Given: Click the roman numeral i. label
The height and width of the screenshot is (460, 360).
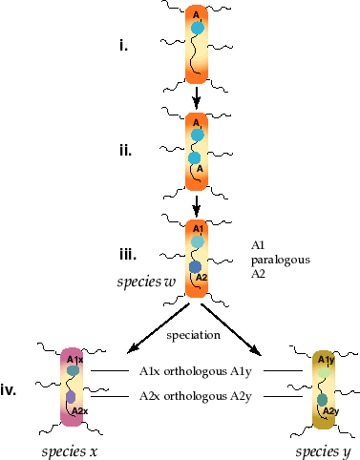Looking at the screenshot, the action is point(123,46).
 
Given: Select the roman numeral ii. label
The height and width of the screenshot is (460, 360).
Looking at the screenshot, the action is point(125,150).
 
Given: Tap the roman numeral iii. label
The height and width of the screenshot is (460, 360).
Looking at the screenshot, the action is point(128,255).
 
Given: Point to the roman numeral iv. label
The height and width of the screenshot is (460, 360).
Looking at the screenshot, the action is point(9,390).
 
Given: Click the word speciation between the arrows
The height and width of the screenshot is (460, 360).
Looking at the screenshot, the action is point(194,335).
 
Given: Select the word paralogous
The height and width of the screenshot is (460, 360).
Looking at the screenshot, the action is point(281,261).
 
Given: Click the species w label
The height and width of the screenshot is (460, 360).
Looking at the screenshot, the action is point(146,282).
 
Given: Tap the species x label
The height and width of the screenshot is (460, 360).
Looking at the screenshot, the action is point(70,451).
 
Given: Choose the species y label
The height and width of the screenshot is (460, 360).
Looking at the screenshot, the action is point(323,451).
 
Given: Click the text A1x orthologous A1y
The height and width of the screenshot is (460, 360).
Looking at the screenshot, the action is point(196,371).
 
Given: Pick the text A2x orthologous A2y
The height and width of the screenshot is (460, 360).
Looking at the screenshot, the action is point(196,396).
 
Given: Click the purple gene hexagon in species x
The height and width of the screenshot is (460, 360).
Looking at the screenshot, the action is point(71,397).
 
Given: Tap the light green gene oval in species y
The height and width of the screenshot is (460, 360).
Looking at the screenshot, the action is point(324,372).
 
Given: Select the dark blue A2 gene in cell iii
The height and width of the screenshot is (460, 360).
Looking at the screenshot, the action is point(195,267).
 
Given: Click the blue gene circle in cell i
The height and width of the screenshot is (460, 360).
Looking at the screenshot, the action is point(198,28).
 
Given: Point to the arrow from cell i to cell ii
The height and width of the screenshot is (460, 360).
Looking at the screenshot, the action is point(197,97).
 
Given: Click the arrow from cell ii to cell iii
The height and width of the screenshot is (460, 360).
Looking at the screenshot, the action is point(197,206).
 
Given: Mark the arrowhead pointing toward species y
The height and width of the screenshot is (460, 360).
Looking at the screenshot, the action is point(256,350).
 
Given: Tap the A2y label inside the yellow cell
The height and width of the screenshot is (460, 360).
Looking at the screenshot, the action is point(330,411).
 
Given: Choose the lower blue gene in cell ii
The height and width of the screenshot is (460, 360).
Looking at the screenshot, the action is point(194,158).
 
